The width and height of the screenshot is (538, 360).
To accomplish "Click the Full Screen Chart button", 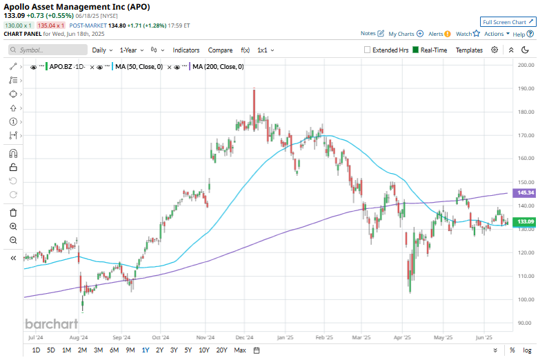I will click(x=507, y=22).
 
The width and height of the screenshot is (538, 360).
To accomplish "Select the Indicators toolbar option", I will click(x=186, y=50).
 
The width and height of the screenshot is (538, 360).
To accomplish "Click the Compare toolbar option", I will click(x=220, y=50).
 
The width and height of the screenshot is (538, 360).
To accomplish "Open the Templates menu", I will click(x=469, y=50).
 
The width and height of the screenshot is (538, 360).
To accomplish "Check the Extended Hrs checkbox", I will click(x=368, y=50).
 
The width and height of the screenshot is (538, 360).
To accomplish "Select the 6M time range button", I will click(x=114, y=350).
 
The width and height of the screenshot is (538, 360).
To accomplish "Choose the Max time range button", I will click(x=240, y=350).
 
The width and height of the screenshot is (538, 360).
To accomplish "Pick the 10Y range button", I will click(x=204, y=350).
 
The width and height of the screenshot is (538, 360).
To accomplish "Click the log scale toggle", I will click(x=527, y=350).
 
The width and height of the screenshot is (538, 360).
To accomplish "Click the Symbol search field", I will click(x=48, y=50).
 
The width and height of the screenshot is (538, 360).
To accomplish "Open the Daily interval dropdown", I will click(x=102, y=50).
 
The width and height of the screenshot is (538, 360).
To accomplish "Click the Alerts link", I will click(x=438, y=34).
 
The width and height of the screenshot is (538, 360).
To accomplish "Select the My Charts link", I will click(x=401, y=34).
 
